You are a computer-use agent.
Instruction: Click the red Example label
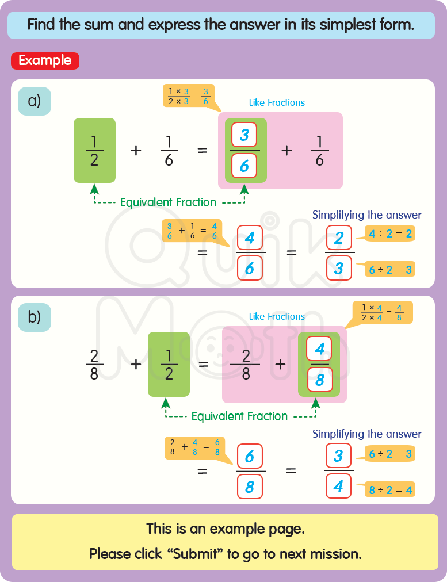(45, 60)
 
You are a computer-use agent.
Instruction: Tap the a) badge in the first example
(35, 101)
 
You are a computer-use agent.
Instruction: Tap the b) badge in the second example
(35, 317)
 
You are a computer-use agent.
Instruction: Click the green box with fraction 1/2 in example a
(94, 150)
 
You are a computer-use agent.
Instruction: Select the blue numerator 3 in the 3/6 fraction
(244, 135)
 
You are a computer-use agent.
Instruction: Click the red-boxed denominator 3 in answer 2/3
(339, 267)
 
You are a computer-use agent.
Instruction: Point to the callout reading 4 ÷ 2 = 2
(391, 233)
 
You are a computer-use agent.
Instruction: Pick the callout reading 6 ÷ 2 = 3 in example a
(391, 269)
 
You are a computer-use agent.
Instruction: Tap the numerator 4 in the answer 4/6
(250, 238)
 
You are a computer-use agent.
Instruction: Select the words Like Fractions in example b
(277, 316)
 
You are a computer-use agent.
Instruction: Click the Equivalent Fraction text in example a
(168, 202)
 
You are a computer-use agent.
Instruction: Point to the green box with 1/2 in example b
(169, 364)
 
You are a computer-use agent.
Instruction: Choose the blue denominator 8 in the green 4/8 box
(319, 380)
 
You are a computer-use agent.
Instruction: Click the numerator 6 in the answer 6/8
(250, 457)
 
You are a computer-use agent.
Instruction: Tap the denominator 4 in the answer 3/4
(339, 487)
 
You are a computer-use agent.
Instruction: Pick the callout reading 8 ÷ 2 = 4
(391, 490)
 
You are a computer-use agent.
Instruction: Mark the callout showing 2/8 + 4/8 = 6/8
(194, 447)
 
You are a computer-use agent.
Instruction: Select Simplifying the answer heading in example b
(366, 434)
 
